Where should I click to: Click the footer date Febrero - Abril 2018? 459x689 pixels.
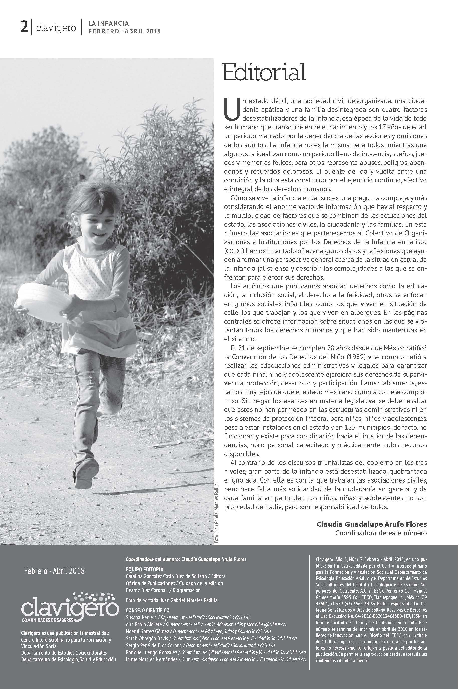pyautogui.click(x=54, y=570)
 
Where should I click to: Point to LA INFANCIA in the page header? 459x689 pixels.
pyautogui.click(x=109, y=23)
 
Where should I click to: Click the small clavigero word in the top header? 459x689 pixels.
pyautogui.click(x=56, y=28)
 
